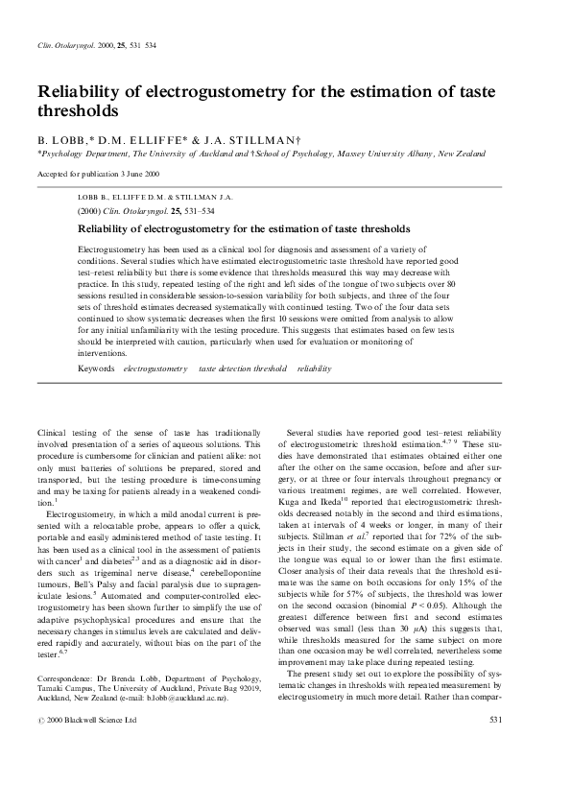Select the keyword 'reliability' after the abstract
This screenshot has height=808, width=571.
point(314,368)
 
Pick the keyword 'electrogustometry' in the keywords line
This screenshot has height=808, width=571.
point(155,368)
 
